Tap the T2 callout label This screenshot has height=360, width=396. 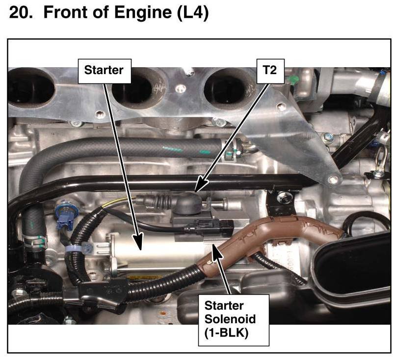tap(270, 70)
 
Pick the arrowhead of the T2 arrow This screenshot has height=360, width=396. tap(196, 188)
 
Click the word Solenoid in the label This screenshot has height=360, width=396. tap(230, 319)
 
